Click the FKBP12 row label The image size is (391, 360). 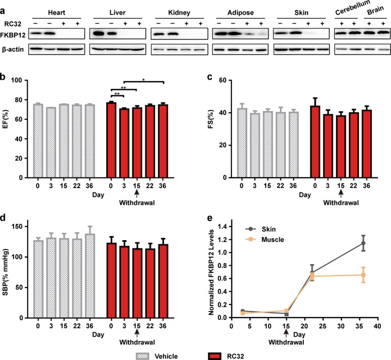click(14, 34)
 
